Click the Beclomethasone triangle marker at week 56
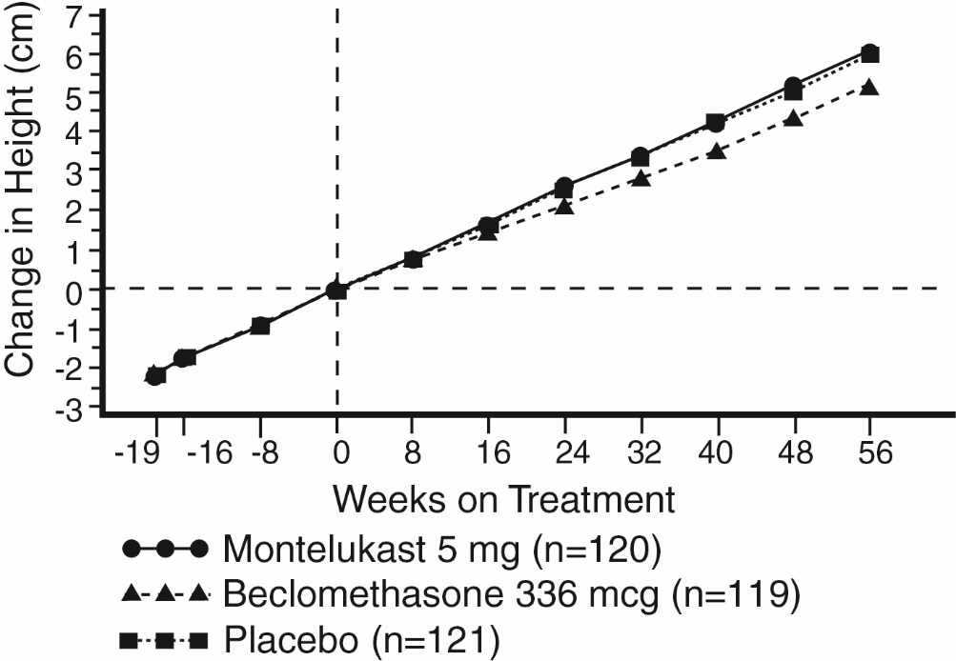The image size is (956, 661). coord(868,88)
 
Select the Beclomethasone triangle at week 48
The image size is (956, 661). coord(793,119)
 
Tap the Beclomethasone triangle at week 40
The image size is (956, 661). coord(717,151)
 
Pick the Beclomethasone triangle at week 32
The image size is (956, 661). coord(641,178)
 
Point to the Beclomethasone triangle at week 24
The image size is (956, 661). coord(564,206)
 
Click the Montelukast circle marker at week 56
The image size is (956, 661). coord(868,52)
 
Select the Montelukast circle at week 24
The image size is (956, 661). coord(564,186)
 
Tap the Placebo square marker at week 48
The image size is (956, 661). coord(793,92)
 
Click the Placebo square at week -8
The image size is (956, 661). coord(260,326)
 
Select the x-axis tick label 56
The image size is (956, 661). coord(868,453)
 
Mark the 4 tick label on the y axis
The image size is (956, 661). coord(72,131)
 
